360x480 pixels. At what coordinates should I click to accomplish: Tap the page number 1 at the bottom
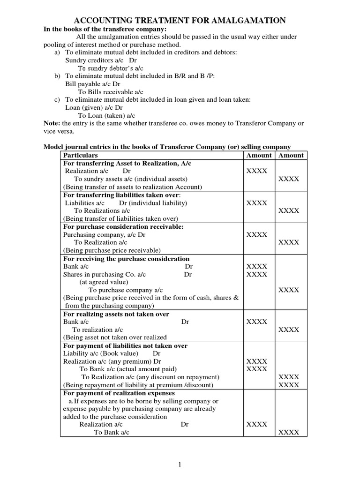[180, 464]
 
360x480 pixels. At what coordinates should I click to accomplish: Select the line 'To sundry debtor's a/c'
[110, 68]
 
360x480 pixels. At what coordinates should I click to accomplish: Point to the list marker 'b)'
[58, 76]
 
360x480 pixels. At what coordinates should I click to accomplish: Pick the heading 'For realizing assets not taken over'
[116, 314]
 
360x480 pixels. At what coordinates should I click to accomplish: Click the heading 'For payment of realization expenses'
[119, 393]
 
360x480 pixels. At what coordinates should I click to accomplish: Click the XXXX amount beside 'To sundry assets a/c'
[289, 179]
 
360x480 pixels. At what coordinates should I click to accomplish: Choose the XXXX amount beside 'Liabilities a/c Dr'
[257, 203]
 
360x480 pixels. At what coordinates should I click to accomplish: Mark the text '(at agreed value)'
[103, 282]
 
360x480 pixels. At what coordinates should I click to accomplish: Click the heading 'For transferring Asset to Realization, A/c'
[127, 163]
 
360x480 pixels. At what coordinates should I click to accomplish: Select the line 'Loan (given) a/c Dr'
[94, 107]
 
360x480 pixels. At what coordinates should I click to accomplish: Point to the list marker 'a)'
[58, 52]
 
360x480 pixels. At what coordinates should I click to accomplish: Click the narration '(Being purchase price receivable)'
[112, 250]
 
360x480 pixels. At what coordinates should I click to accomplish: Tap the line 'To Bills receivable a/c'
[110, 92]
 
